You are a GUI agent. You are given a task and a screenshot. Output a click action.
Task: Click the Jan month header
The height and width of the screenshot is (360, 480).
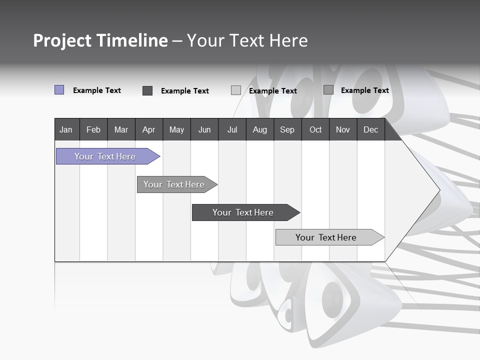coord(66,130)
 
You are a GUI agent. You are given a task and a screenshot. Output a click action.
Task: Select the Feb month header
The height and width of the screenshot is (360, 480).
coord(93,130)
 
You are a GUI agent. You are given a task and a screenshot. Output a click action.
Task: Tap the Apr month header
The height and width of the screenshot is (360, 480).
coord(148,130)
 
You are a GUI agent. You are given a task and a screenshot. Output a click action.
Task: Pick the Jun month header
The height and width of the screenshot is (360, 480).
coord(204,130)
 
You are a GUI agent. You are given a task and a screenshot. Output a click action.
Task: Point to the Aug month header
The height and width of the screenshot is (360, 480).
coord(259,130)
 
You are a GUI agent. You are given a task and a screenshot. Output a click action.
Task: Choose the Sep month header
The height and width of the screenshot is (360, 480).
coord(287,130)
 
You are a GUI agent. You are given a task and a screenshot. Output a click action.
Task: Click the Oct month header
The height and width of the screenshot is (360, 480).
coord(315,130)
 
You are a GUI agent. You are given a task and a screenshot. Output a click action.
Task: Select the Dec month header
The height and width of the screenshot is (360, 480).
coord(370,130)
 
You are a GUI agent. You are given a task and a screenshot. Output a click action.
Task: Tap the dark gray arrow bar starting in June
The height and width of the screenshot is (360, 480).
coord(243,212)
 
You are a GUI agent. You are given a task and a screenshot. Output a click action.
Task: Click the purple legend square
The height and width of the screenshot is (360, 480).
coord(59,90)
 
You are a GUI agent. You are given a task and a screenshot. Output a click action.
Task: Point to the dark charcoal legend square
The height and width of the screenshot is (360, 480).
coord(147,90)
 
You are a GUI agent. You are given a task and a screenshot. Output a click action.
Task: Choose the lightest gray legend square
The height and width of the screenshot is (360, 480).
coord(236,90)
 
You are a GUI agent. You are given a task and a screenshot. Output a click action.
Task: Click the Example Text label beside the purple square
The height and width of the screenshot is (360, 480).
coord(97,90)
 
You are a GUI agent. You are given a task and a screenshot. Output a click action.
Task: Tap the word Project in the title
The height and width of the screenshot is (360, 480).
coord(62,41)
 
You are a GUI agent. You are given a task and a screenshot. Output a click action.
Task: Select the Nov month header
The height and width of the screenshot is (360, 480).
coord(342,130)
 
